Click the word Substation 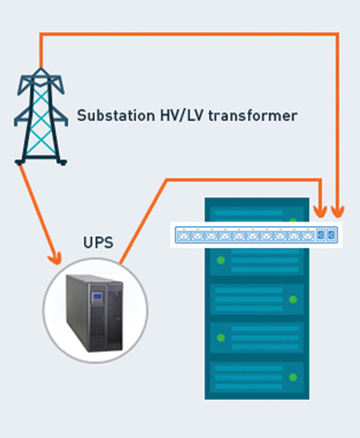[x=116, y=115]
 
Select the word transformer [x=253, y=116]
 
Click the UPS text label [x=98, y=243]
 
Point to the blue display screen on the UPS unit [x=98, y=296]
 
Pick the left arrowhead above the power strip [x=320, y=211]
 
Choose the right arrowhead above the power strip [x=337, y=211]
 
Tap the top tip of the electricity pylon [x=41, y=69]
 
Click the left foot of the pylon [x=20, y=162]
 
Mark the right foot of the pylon [x=62, y=162]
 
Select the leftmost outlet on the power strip [x=183, y=236]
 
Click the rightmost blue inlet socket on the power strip [x=332, y=235]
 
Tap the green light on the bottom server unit [x=293, y=378]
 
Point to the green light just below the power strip [x=221, y=261]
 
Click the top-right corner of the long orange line [x=337, y=34]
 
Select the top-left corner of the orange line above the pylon [x=41, y=34]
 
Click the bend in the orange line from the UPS [x=167, y=180]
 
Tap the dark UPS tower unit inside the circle [x=95, y=313]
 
